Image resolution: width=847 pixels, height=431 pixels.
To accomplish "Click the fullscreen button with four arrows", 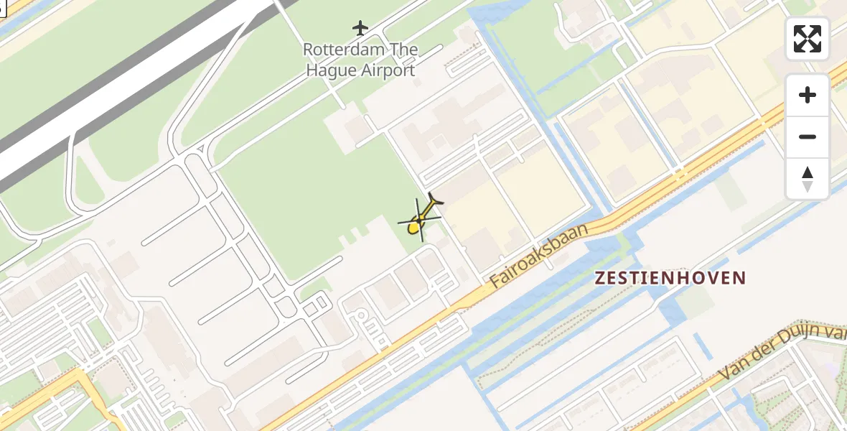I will (x=808, y=39).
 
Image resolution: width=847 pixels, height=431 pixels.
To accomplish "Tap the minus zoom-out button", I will (x=808, y=136).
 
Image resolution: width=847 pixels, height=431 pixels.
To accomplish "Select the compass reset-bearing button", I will (x=808, y=178).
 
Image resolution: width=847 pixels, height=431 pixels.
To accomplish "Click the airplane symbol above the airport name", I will (x=360, y=28).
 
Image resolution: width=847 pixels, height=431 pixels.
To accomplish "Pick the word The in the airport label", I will (x=399, y=50).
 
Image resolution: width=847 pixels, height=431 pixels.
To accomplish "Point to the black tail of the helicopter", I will (x=434, y=200).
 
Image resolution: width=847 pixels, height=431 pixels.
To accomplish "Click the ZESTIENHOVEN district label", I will (x=670, y=278).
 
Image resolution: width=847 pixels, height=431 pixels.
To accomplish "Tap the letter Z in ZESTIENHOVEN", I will (x=601, y=278).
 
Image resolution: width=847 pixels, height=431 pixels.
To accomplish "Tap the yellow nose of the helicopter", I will (x=413, y=228).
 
